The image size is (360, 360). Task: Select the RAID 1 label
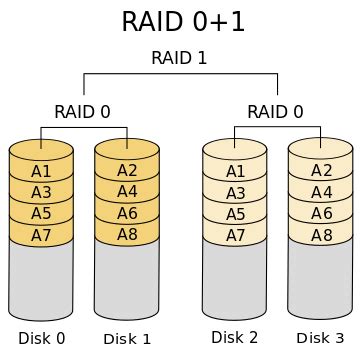179,58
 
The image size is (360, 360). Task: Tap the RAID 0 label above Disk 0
82,111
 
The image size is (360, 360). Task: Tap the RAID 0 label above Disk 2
276,111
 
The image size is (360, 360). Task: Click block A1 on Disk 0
41,171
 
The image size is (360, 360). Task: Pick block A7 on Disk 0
41,235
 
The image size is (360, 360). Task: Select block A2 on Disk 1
127,171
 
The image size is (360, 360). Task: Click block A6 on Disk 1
127,214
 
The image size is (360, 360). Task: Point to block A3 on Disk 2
235,192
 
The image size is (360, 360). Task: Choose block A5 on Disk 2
235,214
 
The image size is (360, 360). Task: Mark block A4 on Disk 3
321,192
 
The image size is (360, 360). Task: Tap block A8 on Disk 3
321,235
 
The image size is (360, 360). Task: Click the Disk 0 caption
41,338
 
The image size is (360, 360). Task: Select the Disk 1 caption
127,339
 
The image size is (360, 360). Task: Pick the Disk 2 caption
235,337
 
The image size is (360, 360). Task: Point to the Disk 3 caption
321,338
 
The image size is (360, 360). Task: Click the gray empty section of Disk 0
41,280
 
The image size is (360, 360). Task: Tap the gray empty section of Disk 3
321,280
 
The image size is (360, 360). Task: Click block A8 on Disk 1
127,235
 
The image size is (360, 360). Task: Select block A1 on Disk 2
235,171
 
